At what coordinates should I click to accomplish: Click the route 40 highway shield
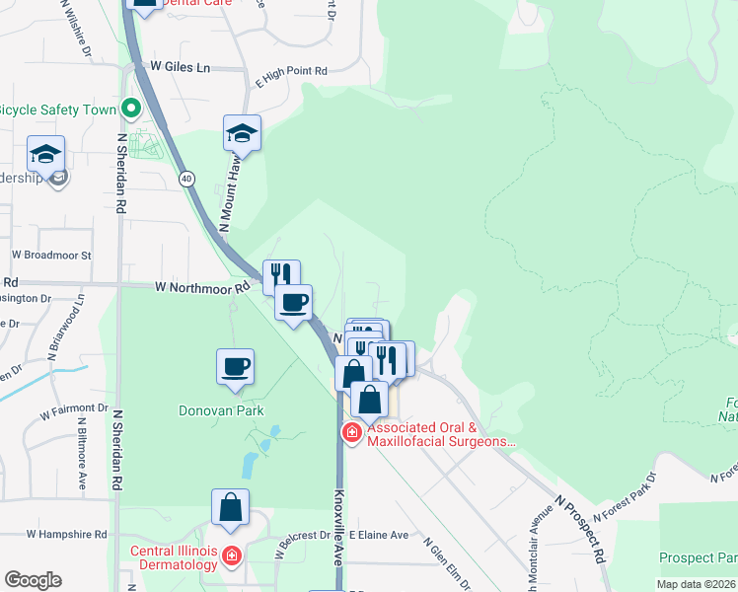(x=185, y=179)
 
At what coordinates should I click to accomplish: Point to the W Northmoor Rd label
(x=202, y=288)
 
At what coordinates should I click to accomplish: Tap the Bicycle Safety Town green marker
(x=130, y=109)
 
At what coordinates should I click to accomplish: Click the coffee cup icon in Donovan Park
(x=235, y=367)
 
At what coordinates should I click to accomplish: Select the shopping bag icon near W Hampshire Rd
(x=230, y=507)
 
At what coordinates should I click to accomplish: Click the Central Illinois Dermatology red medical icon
(x=232, y=556)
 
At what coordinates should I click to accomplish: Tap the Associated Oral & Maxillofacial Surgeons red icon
(x=351, y=432)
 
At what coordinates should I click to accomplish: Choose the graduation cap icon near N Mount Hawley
(x=242, y=132)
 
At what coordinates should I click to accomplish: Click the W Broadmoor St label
(x=51, y=255)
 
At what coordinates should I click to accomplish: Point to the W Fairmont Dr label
(x=74, y=407)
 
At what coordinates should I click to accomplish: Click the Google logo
(x=33, y=580)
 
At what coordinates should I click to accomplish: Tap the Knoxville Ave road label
(x=339, y=527)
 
